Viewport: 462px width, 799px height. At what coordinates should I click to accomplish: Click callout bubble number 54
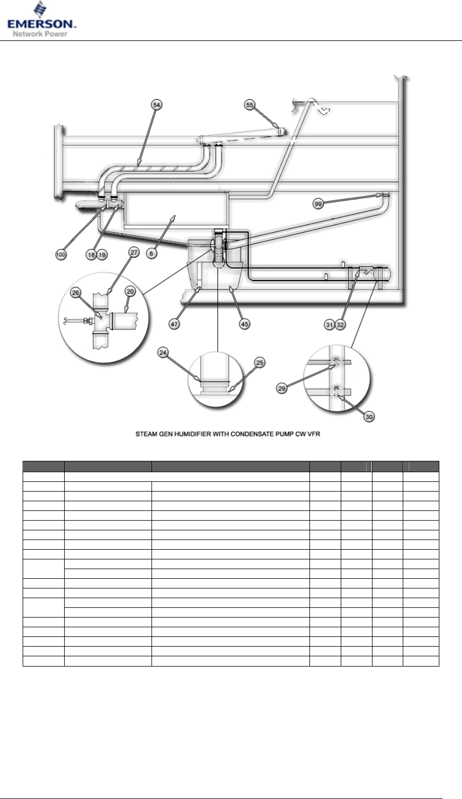coord(156,105)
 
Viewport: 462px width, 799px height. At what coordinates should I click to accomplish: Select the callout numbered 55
coord(250,106)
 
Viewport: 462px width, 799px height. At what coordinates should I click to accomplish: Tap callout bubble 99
coord(319,204)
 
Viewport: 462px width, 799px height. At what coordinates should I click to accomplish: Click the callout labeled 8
coord(153,255)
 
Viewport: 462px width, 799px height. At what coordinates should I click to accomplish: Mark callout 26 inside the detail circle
coord(77,293)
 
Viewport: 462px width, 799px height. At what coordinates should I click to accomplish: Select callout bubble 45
coord(245,325)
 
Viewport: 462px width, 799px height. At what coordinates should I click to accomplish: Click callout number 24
coord(163,353)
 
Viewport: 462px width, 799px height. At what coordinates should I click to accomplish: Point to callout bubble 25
coord(259,363)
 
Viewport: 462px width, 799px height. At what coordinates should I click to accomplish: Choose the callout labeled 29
coord(281,388)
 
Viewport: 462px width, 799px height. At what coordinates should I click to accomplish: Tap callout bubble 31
coord(329,325)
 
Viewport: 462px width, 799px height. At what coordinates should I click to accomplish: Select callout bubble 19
coord(102,255)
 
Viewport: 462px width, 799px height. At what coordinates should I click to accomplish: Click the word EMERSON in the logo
coord(42,24)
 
